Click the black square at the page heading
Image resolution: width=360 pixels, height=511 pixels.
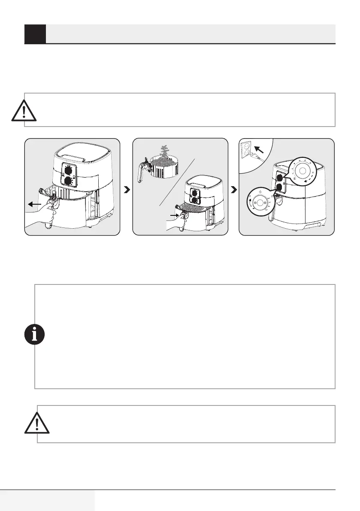point(35,34)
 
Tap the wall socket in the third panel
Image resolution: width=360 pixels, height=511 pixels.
point(251,153)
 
